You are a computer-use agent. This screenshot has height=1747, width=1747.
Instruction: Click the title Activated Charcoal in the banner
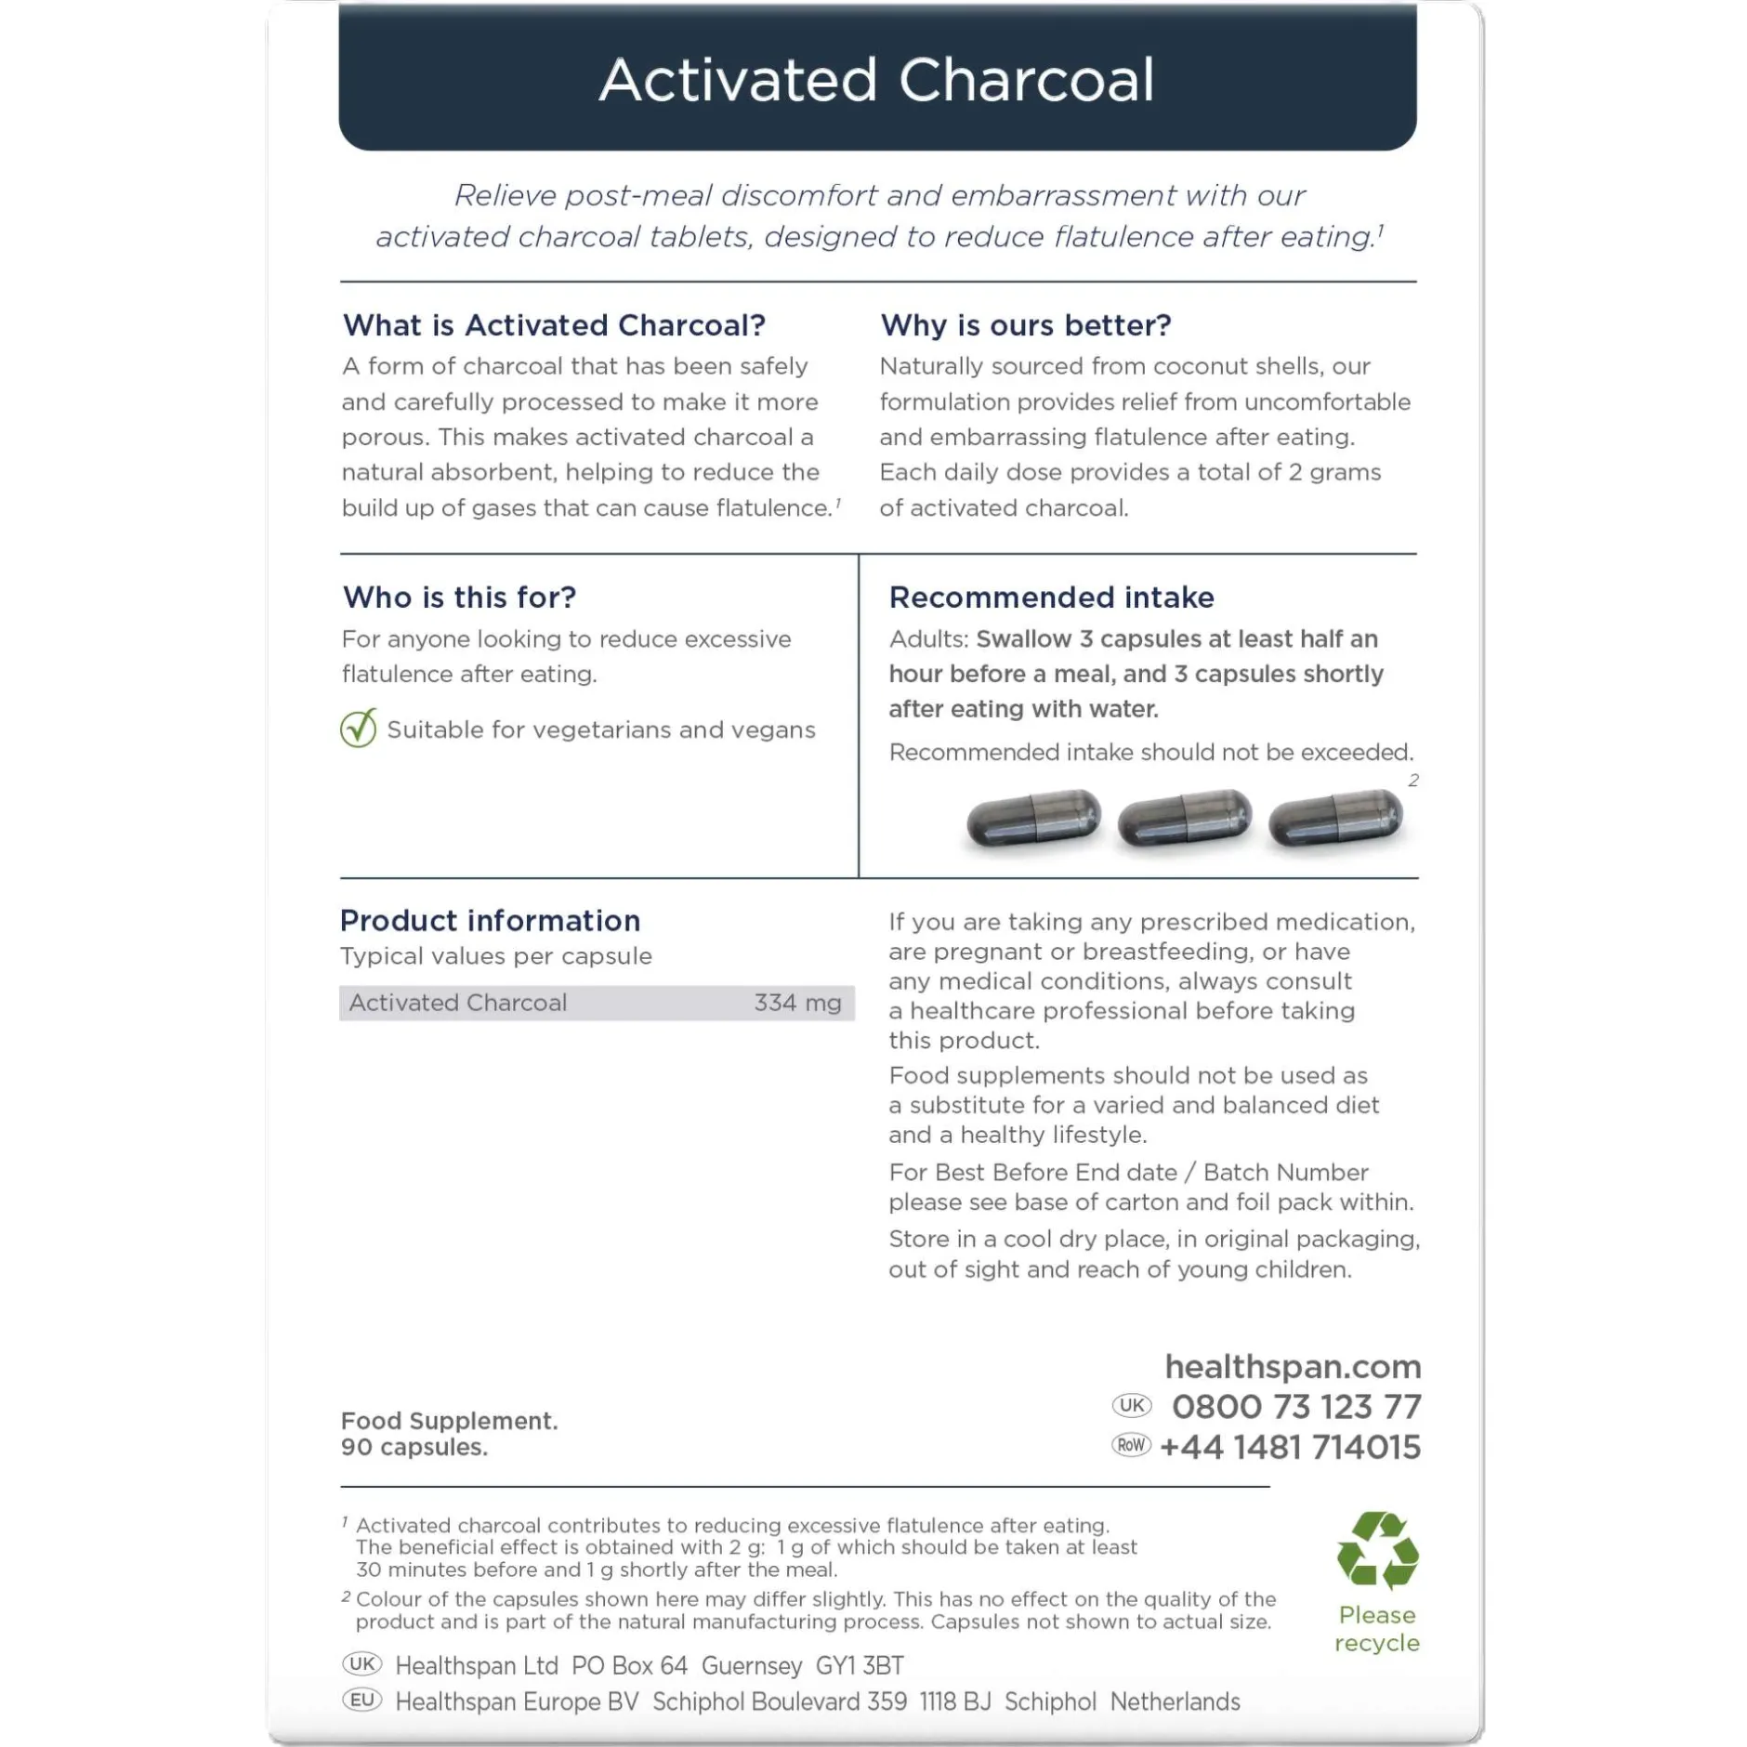tap(876, 80)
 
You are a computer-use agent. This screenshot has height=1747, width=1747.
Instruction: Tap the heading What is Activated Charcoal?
tap(554, 325)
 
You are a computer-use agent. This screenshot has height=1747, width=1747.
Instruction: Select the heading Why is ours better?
tap(1025, 325)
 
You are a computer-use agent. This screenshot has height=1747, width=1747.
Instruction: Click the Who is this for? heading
tap(459, 597)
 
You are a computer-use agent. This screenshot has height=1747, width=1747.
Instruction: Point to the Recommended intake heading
tap(1051, 597)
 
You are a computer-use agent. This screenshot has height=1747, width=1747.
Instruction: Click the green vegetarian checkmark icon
tap(359, 729)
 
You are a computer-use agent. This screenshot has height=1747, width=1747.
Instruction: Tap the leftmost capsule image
tap(1033, 819)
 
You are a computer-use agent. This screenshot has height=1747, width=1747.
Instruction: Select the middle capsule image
tap(1184, 819)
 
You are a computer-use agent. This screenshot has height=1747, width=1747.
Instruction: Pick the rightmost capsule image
tap(1335, 819)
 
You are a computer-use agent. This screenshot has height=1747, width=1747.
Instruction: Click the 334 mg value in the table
tap(797, 1003)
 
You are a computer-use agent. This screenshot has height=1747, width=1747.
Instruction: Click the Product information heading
tap(490, 920)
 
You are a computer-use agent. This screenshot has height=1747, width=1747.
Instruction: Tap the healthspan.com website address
tap(1293, 1366)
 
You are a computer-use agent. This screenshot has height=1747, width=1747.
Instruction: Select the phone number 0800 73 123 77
tap(1296, 1407)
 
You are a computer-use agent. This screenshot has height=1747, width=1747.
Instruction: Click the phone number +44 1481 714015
tap(1291, 1447)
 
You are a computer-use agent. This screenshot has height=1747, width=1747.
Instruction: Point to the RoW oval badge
tap(1131, 1445)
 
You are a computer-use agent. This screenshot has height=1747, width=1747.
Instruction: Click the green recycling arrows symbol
tap(1377, 1550)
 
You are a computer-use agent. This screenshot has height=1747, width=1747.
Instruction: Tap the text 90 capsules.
tap(414, 1447)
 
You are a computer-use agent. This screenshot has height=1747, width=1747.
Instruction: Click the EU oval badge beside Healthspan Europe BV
tap(361, 1700)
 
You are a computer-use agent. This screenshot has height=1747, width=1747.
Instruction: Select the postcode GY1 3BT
tap(860, 1665)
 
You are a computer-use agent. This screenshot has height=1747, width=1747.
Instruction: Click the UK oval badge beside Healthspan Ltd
tap(361, 1663)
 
